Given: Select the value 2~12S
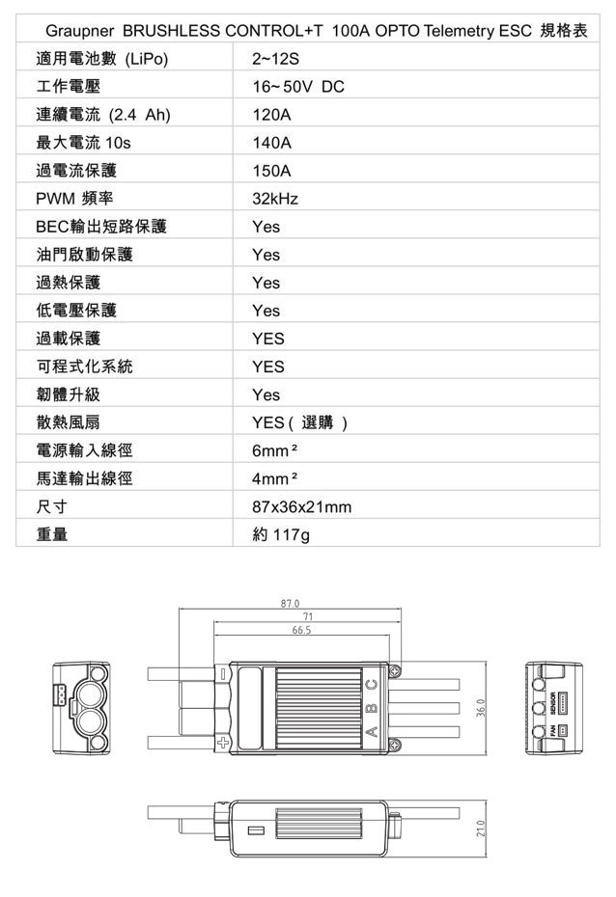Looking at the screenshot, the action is (275, 59).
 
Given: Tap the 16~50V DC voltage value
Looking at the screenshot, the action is (298, 87).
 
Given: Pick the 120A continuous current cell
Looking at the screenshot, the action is (272, 115).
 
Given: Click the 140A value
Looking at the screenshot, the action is (272, 143).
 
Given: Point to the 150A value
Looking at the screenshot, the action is (272, 171).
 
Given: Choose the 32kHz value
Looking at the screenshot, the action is (275, 199).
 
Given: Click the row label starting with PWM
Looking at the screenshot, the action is (74, 199).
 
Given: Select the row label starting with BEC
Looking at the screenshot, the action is (101, 227).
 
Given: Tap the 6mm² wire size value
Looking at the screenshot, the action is (275, 450).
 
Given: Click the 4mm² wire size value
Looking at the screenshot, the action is (275, 478).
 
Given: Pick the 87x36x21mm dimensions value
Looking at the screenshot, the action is (301, 506).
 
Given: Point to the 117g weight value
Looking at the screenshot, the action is (291, 535).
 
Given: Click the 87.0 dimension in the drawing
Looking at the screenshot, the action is (291, 604).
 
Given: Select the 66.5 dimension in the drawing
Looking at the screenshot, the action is (301, 630).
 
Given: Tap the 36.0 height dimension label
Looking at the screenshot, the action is (480, 708).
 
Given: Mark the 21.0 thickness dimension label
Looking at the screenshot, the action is (480, 829).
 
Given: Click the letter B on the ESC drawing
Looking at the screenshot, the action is (372, 708).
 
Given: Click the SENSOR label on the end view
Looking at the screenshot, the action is (552, 703).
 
